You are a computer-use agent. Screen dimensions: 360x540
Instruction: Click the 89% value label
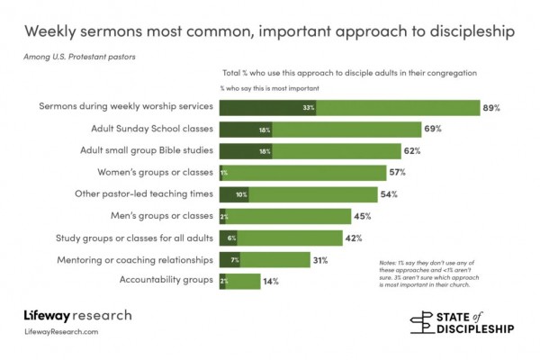tap(491, 108)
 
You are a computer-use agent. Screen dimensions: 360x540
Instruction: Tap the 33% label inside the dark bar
tap(308, 108)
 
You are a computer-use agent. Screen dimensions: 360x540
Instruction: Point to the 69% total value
tap(433, 130)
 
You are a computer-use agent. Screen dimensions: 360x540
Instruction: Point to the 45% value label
tap(362, 216)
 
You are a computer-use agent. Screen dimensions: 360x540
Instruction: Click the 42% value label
tap(353, 238)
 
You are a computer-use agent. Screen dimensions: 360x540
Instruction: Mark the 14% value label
tap(270, 281)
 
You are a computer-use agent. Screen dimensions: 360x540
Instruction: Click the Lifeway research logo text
tap(77, 316)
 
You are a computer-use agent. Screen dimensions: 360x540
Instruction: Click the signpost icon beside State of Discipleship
tap(422, 322)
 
